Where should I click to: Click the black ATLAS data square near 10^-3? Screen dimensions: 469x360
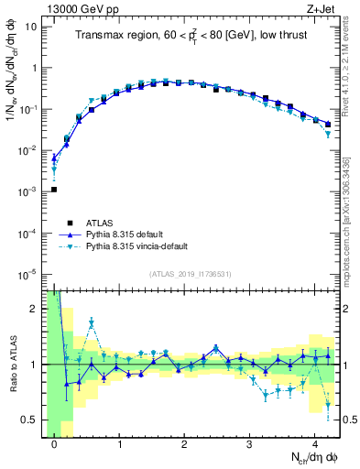pos(54,190)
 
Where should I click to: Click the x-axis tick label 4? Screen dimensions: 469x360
pos(315,445)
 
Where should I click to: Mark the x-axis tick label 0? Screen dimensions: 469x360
pos(54,445)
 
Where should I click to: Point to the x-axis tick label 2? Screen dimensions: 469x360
pos(185,445)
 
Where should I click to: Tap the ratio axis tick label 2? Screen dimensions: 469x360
pos(33,309)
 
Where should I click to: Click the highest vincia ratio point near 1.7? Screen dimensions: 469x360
pos(92,322)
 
